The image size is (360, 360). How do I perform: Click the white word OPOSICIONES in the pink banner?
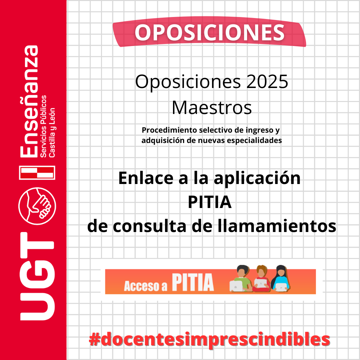pyautogui.click(x=209, y=33)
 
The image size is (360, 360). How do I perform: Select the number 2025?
pyautogui.click(x=267, y=82)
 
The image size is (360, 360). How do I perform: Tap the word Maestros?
pyautogui.click(x=212, y=108)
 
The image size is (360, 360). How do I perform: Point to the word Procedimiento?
pyautogui.click(x=170, y=130)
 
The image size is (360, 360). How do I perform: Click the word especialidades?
pyautogui.click(x=254, y=140)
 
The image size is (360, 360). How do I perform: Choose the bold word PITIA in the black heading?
pyautogui.click(x=210, y=202)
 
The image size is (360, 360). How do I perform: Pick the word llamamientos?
pyautogui.click(x=277, y=226)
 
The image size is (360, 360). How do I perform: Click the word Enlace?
pyautogui.click(x=146, y=178)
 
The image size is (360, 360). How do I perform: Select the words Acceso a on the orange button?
pyautogui.click(x=146, y=286)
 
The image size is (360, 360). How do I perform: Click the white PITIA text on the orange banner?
pyautogui.click(x=193, y=282)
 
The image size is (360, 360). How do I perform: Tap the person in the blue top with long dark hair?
pyautogui.click(x=280, y=278)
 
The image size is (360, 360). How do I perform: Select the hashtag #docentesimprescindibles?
pyautogui.click(x=209, y=340)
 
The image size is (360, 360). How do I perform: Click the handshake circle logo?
pyautogui.click(x=37, y=206)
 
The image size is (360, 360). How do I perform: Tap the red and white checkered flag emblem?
pyautogui.click(x=37, y=172)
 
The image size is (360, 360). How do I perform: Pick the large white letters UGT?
pyautogui.click(x=37, y=276)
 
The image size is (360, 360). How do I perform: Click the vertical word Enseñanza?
pyautogui.click(x=29, y=101)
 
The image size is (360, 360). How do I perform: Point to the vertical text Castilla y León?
pyautogui.click(x=52, y=133)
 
